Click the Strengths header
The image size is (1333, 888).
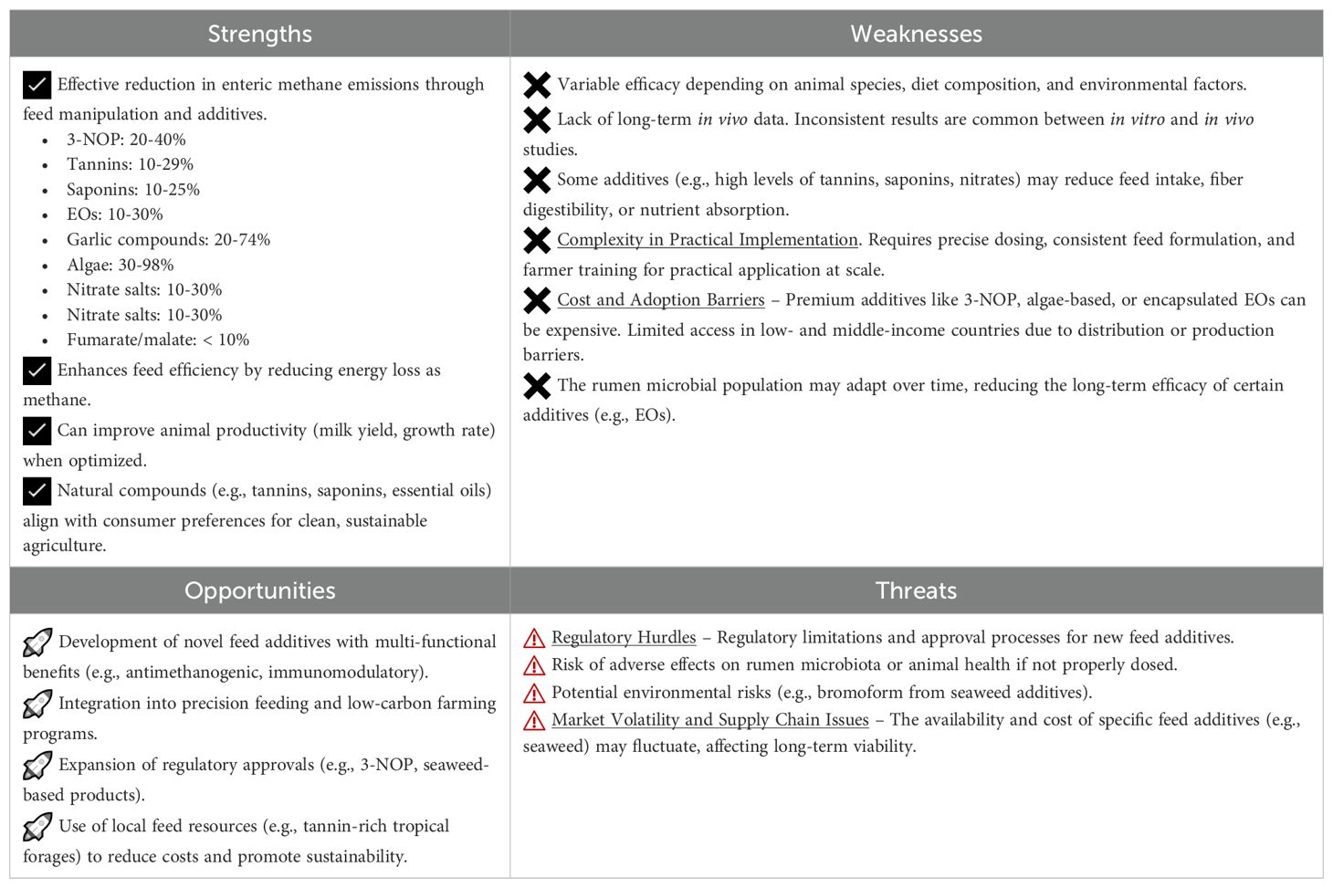(x=259, y=34)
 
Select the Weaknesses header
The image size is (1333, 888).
(x=916, y=34)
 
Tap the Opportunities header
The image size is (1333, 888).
(x=259, y=590)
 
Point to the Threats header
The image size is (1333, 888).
(x=916, y=590)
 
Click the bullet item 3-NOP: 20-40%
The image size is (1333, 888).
(x=126, y=140)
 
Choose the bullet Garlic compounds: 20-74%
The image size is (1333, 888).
(x=168, y=240)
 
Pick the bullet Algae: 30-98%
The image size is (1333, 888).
(x=120, y=265)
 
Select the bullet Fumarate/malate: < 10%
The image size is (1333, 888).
(x=158, y=340)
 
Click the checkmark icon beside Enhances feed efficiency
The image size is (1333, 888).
(x=37, y=371)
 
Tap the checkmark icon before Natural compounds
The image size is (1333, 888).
(x=37, y=491)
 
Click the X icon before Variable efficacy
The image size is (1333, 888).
(x=537, y=85)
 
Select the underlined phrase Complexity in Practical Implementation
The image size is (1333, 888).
(x=708, y=240)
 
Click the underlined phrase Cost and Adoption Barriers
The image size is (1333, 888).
(x=661, y=300)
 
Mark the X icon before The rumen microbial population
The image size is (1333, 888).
(x=537, y=386)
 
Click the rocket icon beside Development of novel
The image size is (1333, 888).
(x=37, y=643)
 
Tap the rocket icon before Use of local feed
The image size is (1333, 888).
(x=37, y=827)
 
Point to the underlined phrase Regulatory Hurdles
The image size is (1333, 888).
(x=624, y=638)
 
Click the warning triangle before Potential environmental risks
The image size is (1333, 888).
(x=534, y=693)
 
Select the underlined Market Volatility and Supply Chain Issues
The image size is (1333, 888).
(x=710, y=720)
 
